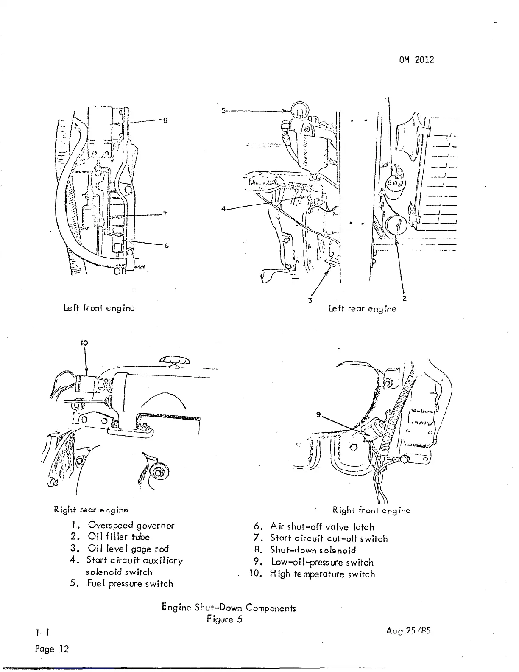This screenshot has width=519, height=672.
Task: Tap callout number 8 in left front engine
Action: tap(166, 120)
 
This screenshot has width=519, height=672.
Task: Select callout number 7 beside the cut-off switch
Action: tap(166, 214)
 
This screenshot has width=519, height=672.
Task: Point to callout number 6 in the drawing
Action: tap(166, 246)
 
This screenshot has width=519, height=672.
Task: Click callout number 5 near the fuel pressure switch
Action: tap(223, 111)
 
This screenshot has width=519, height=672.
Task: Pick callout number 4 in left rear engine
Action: tap(223, 209)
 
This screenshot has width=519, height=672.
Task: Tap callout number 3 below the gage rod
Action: tap(310, 300)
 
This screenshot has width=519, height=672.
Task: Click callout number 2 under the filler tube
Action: tap(404, 298)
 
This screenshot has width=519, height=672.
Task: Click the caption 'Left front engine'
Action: tap(99, 308)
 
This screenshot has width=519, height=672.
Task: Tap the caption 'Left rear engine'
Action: tap(363, 309)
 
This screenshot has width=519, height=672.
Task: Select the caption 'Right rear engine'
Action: tap(91, 509)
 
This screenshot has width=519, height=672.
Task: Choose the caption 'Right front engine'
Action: tap(371, 510)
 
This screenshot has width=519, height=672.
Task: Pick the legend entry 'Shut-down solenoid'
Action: tap(313, 550)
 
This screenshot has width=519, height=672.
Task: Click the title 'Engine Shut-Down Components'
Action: tap(229, 608)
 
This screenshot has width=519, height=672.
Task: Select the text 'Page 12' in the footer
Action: tap(52, 649)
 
